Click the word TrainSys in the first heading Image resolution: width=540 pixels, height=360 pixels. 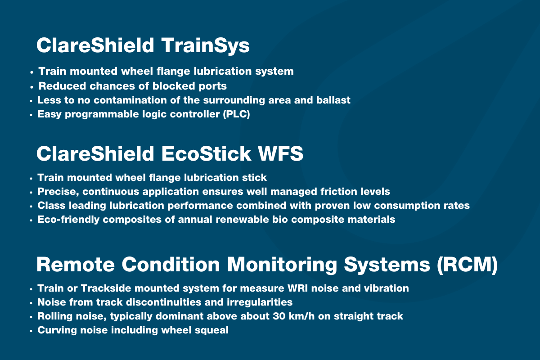click(x=205, y=46)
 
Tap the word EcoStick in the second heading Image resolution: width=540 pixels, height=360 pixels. click(x=206, y=153)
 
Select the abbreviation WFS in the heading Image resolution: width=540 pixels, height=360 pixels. click(x=281, y=153)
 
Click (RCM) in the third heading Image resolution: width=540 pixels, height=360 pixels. click(x=467, y=265)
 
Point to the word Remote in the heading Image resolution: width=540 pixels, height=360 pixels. click(x=76, y=265)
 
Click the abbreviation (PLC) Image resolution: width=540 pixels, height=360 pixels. click(x=237, y=114)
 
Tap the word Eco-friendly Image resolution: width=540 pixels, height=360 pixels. click(x=68, y=220)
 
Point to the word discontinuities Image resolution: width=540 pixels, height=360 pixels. click(x=163, y=302)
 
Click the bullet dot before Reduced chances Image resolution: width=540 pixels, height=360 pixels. click(x=31, y=87)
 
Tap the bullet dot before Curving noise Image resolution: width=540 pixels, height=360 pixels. click(x=31, y=331)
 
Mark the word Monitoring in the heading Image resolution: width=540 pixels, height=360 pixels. click(x=282, y=265)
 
